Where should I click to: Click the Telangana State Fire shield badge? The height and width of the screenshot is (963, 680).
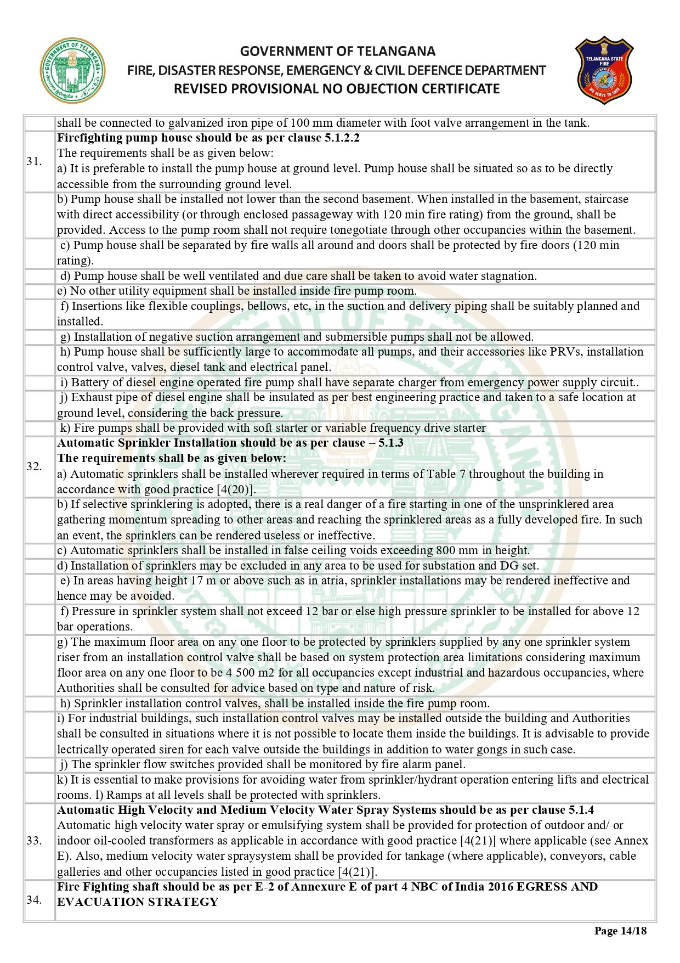pyautogui.click(x=604, y=71)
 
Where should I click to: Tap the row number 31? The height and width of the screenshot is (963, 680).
pyautogui.click(x=34, y=161)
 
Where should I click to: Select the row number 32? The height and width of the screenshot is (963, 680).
pyautogui.click(x=34, y=466)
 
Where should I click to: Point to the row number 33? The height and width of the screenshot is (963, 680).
pyautogui.click(x=34, y=841)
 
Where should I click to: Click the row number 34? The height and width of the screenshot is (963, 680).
pyautogui.click(x=34, y=899)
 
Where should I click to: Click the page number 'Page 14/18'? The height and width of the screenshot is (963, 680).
pyautogui.click(x=620, y=931)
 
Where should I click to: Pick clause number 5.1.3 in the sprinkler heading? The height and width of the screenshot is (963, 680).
pyautogui.click(x=390, y=443)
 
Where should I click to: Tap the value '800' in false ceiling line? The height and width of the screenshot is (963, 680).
pyautogui.click(x=447, y=550)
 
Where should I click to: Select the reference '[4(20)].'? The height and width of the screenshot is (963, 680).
pyautogui.click(x=236, y=489)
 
